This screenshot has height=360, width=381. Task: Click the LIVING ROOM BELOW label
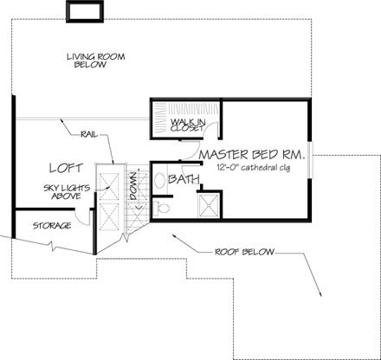pyautogui.click(x=96, y=62)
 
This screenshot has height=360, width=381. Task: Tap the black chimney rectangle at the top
pyautogui.click(x=82, y=10)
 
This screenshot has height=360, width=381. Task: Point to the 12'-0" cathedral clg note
pyautogui.click(x=256, y=167)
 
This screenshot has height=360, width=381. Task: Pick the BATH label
pyautogui.click(x=184, y=180)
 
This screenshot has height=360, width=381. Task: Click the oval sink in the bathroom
pyautogui.click(x=160, y=183)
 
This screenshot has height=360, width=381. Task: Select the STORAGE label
pyautogui.click(x=52, y=226)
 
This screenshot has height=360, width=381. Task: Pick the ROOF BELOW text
pyautogui.click(x=244, y=252)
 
